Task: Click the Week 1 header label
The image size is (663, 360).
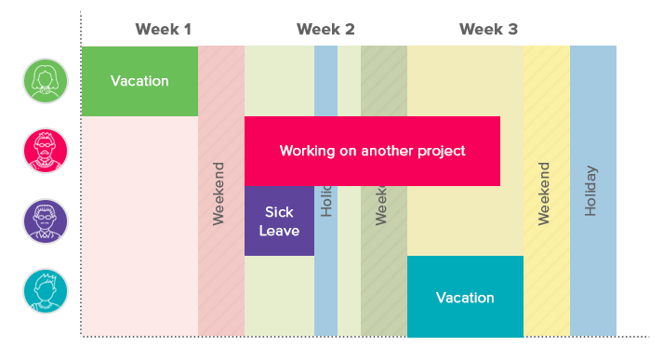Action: click(x=163, y=29)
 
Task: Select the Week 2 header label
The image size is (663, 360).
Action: click(x=325, y=29)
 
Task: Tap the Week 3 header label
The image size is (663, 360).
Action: click(x=488, y=29)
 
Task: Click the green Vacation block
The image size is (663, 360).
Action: click(x=139, y=81)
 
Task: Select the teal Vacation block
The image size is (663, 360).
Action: click(x=465, y=297)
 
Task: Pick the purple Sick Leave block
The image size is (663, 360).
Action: click(x=279, y=220)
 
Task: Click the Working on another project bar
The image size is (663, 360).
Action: click(x=372, y=151)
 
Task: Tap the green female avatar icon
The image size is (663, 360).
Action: click(x=46, y=81)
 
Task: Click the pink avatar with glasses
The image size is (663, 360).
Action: click(x=46, y=151)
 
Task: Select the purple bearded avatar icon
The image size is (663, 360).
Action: click(x=46, y=221)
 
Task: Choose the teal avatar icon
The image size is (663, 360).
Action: click(x=46, y=291)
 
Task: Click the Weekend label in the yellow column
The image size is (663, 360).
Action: click(x=545, y=193)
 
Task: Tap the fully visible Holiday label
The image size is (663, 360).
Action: click(x=591, y=191)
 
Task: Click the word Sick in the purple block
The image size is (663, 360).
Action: click(x=279, y=212)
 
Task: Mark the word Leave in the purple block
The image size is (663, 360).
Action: click(x=279, y=230)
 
